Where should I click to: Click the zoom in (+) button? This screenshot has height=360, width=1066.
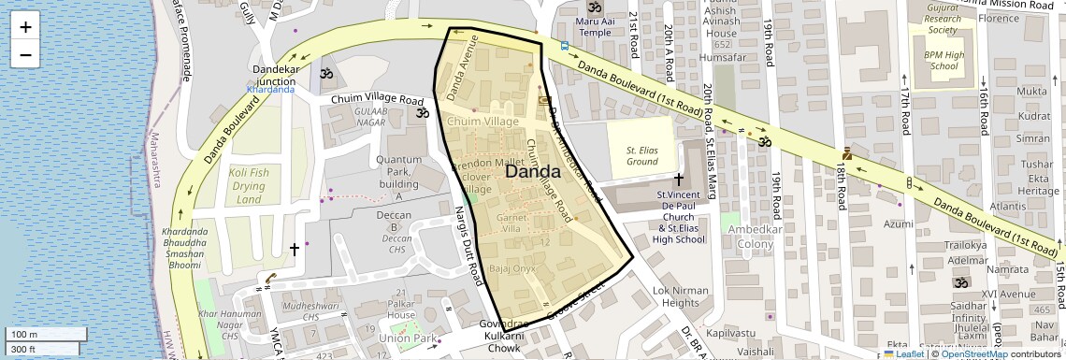(25, 26)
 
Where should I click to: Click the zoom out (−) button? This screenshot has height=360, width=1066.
(25, 54)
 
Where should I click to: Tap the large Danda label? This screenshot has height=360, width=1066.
(532, 172)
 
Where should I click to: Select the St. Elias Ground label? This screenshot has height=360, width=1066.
(641, 155)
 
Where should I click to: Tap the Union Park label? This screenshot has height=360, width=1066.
(409, 338)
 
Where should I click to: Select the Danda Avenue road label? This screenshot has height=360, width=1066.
(462, 68)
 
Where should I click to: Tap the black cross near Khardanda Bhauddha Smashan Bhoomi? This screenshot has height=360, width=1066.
(295, 250)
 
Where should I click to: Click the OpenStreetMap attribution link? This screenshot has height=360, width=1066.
(975, 353)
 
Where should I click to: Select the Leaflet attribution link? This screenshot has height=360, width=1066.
(904, 353)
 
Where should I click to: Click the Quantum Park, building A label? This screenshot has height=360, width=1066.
(399, 178)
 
